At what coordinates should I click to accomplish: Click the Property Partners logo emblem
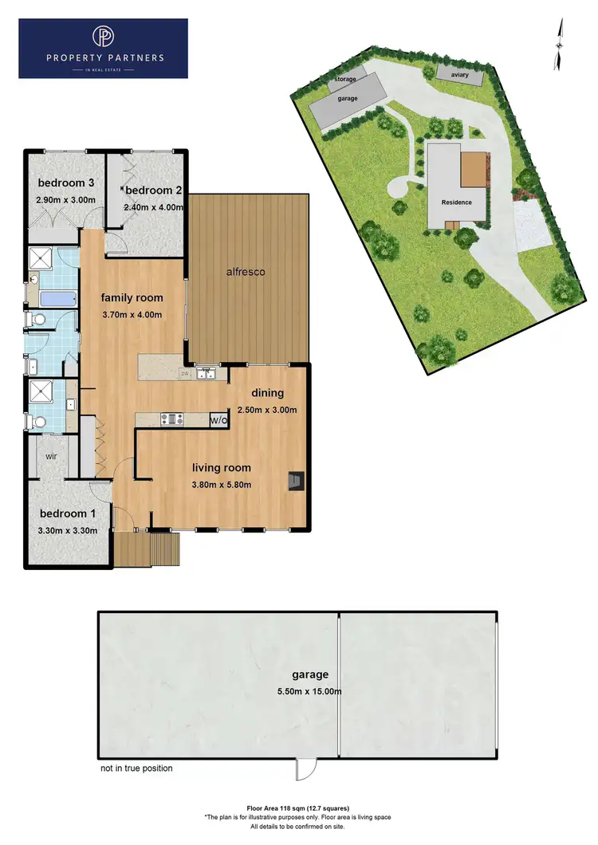click(x=103, y=38)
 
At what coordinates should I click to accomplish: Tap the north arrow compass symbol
click(x=560, y=44)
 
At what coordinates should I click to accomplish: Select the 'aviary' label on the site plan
click(x=459, y=75)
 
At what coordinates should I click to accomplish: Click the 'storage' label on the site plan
click(x=346, y=80)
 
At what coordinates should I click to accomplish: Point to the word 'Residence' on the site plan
click(x=457, y=202)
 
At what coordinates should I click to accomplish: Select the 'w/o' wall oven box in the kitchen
click(x=219, y=419)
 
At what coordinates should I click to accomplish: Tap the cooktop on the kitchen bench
click(x=171, y=419)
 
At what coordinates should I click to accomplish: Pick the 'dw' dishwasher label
click(x=185, y=373)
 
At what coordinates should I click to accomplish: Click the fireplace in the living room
click(x=296, y=480)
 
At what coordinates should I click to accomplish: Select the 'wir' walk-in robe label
click(x=51, y=458)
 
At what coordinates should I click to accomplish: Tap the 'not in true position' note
click(x=136, y=768)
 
